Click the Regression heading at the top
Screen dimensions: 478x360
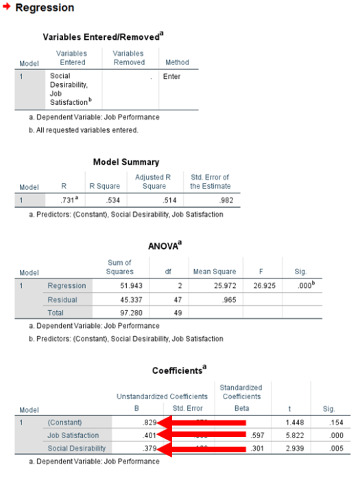click(44, 8)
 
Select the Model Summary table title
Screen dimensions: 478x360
click(126, 163)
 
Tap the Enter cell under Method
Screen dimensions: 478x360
click(172, 76)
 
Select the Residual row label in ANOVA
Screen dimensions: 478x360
click(62, 300)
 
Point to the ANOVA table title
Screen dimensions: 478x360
click(164, 245)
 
